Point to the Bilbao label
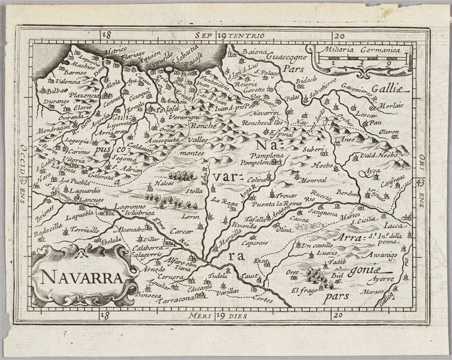click(53, 91)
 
